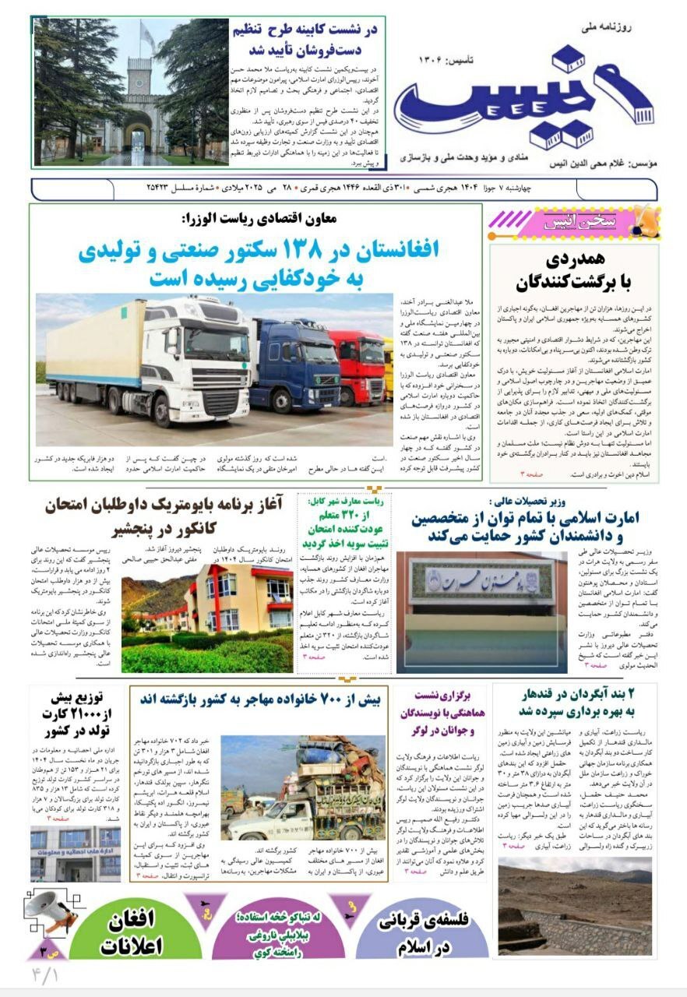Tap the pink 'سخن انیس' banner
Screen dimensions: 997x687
pos(572,222)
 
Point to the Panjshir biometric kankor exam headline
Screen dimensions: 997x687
pos(163,517)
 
